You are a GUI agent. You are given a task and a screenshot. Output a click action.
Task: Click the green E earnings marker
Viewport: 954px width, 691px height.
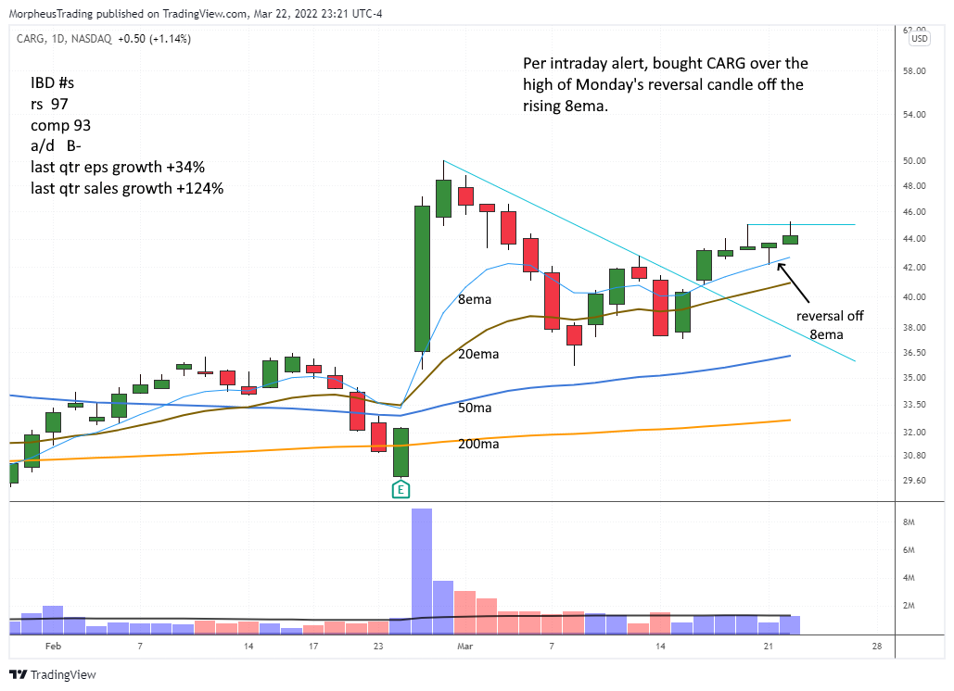point(401,489)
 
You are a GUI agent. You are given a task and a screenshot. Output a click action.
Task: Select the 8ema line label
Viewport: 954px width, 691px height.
point(476,300)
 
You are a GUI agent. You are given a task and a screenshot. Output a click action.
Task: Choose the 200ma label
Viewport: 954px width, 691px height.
point(478,444)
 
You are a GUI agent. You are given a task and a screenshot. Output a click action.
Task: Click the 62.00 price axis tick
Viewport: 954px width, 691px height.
point(919,30)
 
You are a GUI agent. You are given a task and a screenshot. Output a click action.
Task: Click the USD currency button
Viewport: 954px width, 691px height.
point(920,39)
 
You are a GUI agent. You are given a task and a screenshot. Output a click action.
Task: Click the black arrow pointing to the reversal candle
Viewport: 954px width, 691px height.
point(796,283)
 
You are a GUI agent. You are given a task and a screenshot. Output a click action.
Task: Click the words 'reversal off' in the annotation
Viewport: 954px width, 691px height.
point(830,316)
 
